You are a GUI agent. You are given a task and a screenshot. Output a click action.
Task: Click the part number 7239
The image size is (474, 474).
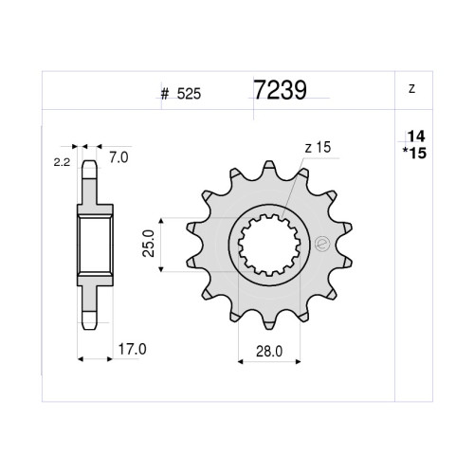[281, 89]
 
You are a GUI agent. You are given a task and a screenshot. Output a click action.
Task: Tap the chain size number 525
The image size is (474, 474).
[189, 94]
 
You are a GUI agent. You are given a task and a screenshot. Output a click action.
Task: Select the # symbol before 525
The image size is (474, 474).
[165, 94]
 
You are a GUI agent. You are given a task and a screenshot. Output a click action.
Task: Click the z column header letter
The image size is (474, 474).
[411, 89]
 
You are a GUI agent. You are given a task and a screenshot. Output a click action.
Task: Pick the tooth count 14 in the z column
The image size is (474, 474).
[416, 137]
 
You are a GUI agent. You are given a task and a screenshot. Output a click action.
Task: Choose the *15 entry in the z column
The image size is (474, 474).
[414, 154]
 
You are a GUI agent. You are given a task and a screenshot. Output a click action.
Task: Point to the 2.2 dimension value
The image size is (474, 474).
[62, 162]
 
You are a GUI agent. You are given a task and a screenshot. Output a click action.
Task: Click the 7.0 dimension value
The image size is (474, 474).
[118, 157]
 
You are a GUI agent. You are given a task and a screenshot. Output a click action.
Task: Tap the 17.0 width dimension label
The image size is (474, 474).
[132, 350]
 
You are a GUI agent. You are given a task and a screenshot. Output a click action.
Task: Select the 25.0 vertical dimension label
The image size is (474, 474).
[149, 244]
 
